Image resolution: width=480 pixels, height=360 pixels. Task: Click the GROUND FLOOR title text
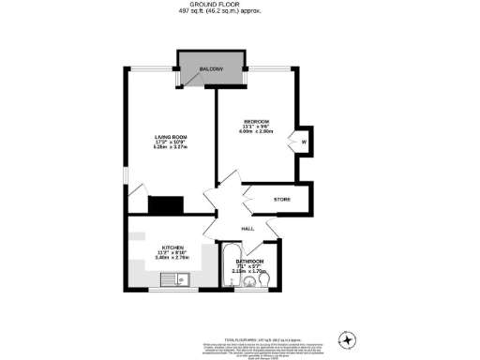[x=240, y=4]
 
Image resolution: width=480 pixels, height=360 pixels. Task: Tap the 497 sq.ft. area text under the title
[x=240, y=11]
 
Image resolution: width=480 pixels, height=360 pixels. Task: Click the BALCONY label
[x=211, y=70]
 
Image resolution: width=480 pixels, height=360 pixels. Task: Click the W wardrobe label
[x=304, y=142]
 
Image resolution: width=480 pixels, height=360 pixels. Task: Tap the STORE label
[x=281, y=200]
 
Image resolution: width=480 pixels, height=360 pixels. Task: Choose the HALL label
[x=248, y=228]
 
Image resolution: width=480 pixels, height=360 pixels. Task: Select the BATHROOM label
[x=250, y=261]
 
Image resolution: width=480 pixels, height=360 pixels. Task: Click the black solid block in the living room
[x=166, y=203]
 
